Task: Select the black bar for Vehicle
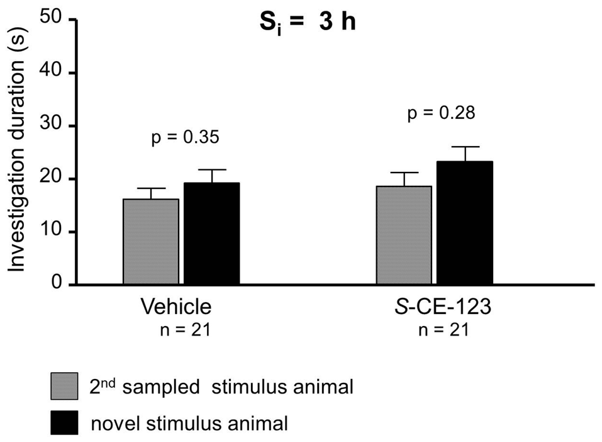[211, 234]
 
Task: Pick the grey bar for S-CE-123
[404, 235]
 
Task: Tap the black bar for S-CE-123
[465, 223]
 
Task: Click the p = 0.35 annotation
[186, 137]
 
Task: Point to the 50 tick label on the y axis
[52, 18]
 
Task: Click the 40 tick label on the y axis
[52, 72]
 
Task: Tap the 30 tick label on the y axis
[52, 125]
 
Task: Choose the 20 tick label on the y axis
[52, 179]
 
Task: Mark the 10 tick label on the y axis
[52, 232]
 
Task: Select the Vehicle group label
[176, 307]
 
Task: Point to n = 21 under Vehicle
[186, 330]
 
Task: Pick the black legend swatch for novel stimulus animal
[64, 422]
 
